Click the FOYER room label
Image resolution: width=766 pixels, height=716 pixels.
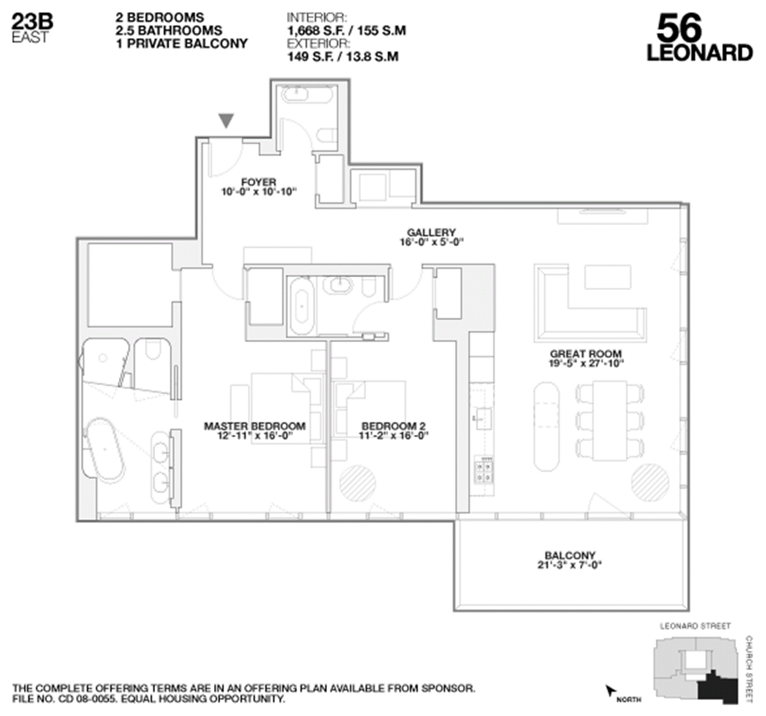259,182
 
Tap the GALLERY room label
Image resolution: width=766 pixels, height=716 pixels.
431,232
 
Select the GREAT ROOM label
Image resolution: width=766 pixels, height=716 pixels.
586,354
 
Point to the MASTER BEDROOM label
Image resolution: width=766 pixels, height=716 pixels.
255,426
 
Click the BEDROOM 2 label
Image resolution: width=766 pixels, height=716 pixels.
393,426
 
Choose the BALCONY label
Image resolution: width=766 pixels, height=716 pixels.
570,555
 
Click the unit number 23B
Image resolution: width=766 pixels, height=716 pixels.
32,21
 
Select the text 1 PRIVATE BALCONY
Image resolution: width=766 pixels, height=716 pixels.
182,43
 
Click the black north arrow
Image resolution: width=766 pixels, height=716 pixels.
610,691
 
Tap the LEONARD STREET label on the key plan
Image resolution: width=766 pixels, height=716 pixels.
695,626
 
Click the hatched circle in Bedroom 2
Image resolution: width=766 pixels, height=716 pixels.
357,483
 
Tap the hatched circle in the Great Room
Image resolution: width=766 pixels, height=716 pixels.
650,482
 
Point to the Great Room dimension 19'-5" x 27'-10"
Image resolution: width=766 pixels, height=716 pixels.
586,363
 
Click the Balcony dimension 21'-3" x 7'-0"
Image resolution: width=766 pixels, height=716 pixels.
569,565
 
